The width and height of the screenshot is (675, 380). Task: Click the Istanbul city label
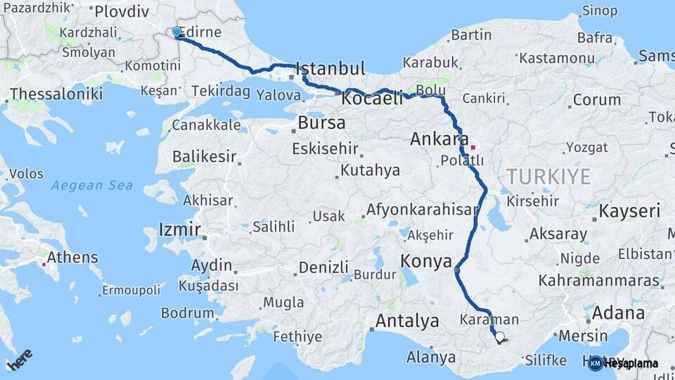[330, 69]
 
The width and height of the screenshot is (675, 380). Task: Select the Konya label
[426, 262]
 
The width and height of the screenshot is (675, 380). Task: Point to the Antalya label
[407, 322]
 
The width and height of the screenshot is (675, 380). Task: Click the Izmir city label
[180, 229]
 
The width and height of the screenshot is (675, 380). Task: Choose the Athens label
[72, 257]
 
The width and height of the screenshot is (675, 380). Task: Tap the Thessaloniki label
[56, 94]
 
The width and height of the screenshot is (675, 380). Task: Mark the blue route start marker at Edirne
[176, 32]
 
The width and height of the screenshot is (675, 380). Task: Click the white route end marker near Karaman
[500, 337]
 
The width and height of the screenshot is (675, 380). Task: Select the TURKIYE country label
[549, 177]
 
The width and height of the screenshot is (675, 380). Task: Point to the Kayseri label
[629, 211]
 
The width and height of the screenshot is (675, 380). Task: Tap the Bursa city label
[321, 122]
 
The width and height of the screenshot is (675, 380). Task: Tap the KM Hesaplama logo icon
[595, 363]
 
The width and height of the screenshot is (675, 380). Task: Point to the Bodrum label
[187, 313]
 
